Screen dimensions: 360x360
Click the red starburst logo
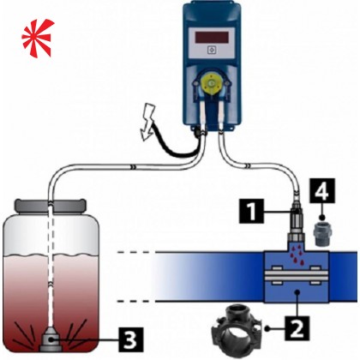point(37,38)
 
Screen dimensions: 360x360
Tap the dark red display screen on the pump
point(212,37)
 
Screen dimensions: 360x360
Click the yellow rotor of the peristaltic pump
point(211,83)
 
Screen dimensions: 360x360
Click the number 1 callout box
point(252,211)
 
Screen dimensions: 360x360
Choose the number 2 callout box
point(297,328)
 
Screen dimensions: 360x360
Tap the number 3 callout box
point(131,339)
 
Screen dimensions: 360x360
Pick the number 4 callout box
point(322,191)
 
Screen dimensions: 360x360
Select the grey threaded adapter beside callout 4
point(322,234)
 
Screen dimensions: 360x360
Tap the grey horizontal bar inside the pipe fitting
point(296,275)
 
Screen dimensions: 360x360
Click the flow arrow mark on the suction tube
point(133,166)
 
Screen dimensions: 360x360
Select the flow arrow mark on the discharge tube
point(248,165)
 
